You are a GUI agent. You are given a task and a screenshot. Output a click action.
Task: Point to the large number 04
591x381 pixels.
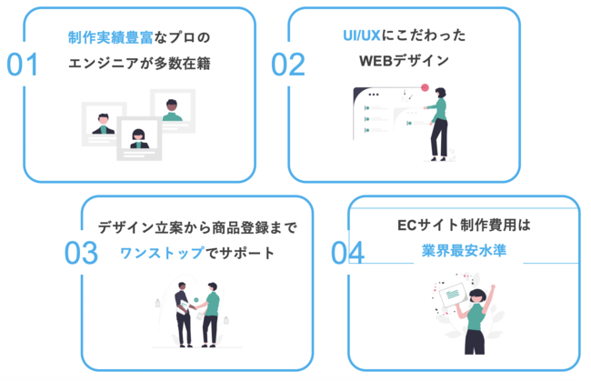346,253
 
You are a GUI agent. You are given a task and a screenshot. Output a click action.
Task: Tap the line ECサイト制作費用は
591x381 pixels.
463,224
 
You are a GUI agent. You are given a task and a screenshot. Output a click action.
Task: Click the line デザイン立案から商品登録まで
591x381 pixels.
197,227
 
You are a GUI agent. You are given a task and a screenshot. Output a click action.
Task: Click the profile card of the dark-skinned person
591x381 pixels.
172,110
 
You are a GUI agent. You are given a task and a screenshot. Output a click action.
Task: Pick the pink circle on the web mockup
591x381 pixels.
425,88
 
